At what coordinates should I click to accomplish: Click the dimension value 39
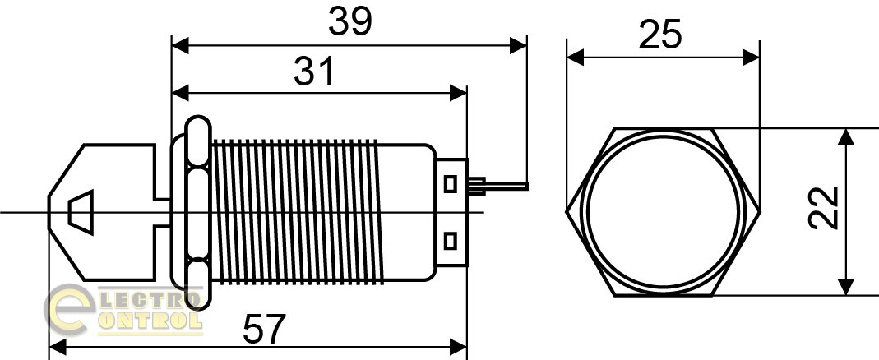coord(350,22)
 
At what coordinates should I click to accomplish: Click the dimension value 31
coord(314,72)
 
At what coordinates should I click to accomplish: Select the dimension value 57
coord(265,329)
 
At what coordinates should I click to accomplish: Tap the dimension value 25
coord(660,35)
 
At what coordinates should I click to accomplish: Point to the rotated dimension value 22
coord(824,208)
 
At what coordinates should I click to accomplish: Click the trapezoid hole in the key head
coord(80,213)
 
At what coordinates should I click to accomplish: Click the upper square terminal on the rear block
coord(450,184)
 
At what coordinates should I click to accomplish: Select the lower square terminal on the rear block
coord(450,241)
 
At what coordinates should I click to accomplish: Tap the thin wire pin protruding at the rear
coord(497,186)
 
